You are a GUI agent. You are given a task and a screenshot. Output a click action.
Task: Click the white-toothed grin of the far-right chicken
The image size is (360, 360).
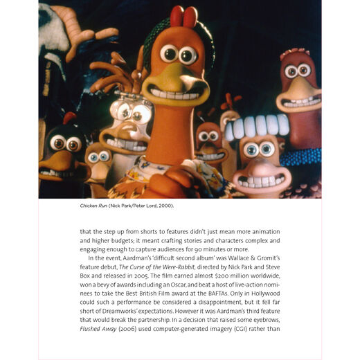point(298,102)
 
